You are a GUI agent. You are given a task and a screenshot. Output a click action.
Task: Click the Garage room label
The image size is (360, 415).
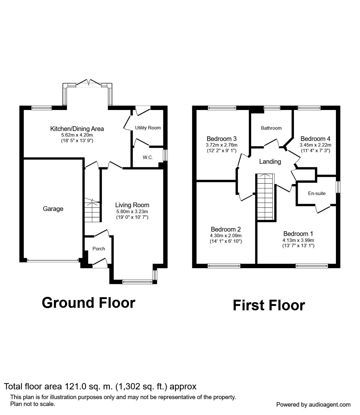[x=53, y=209]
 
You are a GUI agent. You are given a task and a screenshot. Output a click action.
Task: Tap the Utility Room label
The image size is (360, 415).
[x=148, y=127]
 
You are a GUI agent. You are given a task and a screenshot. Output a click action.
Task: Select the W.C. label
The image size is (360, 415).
[x=148, y=157]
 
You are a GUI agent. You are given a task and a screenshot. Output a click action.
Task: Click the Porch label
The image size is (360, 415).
[x=99, y=249]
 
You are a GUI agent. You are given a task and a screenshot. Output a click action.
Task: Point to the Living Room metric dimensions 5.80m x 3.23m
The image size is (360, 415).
[x=132, y=212]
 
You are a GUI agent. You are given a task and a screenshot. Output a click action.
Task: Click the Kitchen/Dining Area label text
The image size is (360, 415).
[x=77, y=129]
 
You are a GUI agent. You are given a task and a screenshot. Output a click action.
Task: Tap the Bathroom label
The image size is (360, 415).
[x=271, y=128]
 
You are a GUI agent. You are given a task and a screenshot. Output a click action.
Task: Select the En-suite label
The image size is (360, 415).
[x=317, y=193]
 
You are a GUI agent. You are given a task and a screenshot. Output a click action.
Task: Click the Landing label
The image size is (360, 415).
[x=270, y=162]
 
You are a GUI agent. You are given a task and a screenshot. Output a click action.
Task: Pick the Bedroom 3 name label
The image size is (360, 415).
[x=221, y=139]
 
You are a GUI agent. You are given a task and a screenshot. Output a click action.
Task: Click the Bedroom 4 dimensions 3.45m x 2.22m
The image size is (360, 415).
[x=315, y=145]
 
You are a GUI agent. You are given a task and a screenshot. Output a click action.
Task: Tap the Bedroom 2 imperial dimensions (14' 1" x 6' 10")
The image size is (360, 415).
[x=226, y=241]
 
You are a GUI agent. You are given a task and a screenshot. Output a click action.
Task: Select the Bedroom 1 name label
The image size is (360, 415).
[x=298, y=234]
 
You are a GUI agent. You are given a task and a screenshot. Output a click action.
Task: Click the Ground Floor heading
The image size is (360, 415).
[x=89, y=303]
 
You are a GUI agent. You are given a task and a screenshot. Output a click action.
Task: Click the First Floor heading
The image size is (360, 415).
[x=269, y=305]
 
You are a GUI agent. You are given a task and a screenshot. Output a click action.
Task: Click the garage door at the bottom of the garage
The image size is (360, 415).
[x=53, y=260]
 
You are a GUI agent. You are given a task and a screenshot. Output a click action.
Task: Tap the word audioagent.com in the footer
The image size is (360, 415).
[x=330, y=405]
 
